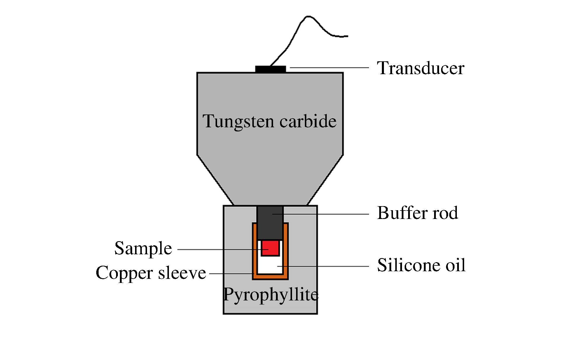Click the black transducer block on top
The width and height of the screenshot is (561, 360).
270,69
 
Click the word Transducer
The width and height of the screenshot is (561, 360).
420,68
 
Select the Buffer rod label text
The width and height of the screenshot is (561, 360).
417,213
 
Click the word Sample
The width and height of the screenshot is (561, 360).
143,248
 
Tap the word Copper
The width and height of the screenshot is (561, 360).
124,273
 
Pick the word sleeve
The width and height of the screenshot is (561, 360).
182,273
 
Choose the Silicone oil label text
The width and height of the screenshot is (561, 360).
421,265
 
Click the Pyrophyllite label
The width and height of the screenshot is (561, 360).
270,294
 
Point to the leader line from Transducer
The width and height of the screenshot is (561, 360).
330,68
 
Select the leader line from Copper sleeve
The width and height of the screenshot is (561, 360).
230,274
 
